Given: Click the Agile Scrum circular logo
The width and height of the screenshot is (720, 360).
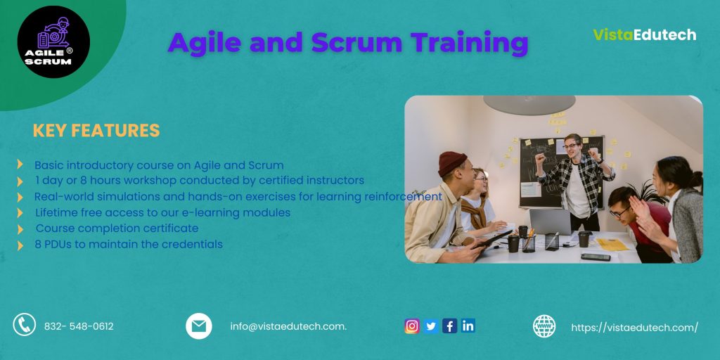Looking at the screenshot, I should [53, 41].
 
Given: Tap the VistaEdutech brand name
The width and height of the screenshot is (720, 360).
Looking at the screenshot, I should [644, 34].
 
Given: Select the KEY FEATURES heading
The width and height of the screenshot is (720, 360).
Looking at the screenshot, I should [96, 131].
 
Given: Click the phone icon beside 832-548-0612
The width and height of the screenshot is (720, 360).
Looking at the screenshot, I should [25, 324].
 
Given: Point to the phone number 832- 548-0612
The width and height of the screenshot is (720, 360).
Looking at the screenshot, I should [79, 326].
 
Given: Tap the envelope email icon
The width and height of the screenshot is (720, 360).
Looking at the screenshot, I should [199, 326].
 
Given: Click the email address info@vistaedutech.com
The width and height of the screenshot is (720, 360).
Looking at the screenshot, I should [288, 326].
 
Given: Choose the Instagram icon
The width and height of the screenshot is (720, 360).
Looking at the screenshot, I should [412, 326].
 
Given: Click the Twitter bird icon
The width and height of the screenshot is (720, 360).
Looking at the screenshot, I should [431, 326].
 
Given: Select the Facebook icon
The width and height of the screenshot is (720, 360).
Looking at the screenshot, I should [449, 326].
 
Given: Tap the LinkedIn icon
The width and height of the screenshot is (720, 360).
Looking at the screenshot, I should [468, 326].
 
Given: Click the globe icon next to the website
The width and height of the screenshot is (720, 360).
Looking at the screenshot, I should [544, 326].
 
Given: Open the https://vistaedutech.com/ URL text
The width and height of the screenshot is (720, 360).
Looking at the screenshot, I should [634, 327].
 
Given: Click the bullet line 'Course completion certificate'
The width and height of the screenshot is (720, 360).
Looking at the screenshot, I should [117, 229].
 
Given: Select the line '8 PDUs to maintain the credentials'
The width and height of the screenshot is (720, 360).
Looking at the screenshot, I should [129, 245].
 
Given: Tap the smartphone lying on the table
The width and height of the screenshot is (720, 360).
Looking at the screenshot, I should [595, 257].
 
